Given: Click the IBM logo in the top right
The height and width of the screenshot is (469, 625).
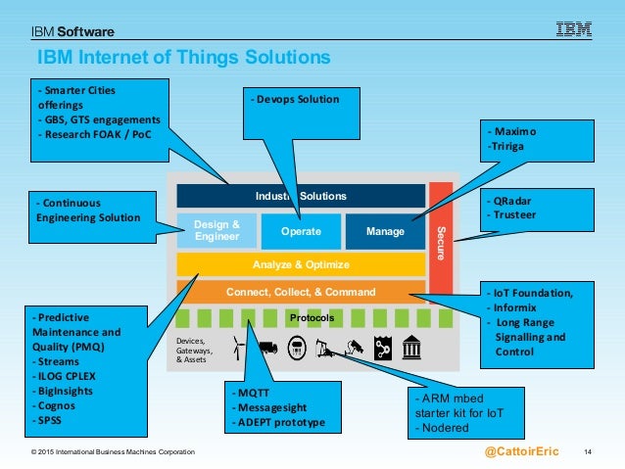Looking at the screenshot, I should pos(573,29).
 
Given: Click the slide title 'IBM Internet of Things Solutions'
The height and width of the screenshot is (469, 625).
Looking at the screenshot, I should pos(184,58).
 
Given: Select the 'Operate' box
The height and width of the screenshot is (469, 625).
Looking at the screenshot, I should pos(301,232).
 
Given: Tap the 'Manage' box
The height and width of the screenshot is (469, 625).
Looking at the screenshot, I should pos(385,232).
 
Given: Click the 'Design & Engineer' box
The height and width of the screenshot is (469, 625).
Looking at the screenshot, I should pos(216,231).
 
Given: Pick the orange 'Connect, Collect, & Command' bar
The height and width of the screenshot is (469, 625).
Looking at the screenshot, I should pos(301,292).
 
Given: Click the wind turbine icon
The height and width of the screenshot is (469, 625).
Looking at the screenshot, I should pos(236,347).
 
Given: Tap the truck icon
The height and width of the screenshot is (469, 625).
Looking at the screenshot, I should pos(267,347).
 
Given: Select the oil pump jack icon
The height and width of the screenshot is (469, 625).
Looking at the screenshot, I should pos(324,347).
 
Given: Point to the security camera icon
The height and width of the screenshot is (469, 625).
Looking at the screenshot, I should pos(354,347).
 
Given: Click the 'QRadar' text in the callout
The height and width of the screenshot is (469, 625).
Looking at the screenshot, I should pos(515,200).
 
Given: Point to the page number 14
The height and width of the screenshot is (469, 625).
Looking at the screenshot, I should pos(589,451).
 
